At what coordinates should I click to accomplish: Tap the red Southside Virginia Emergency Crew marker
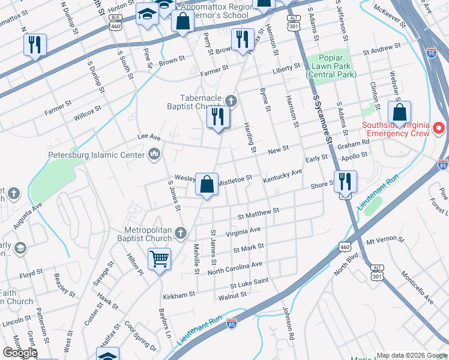(x=439, y=128)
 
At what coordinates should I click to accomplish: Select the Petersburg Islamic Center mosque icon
(x=154, y=155)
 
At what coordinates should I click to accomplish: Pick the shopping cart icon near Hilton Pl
(x=159, y=259)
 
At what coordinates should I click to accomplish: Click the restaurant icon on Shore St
(x=345, y=181)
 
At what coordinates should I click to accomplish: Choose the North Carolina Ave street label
(x=235, y=268)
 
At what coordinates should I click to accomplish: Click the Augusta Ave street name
(x=28, y=215)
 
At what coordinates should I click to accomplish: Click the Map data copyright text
(x=412, y=355)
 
